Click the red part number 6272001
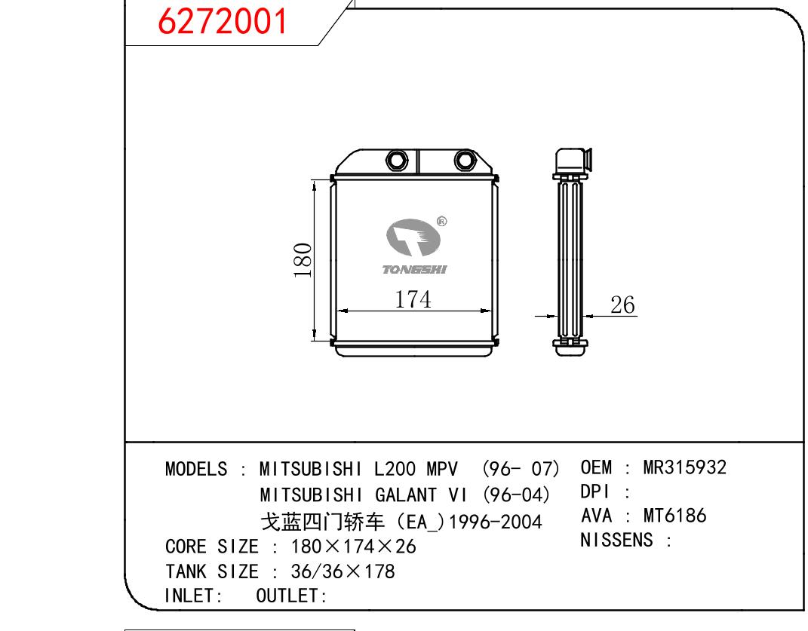pos(222,22)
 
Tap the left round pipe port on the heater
pos(397,160)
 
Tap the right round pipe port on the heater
pos(465,160)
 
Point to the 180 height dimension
pos(303,260)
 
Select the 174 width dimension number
pos(413,299)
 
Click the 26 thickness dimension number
pos(622,305)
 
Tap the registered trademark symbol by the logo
pos(441,222)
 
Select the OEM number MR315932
pos(685,467)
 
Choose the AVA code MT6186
pos(674,515)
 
